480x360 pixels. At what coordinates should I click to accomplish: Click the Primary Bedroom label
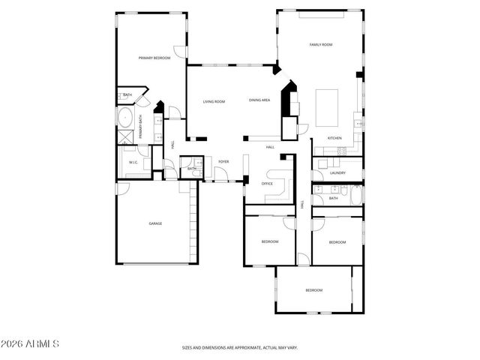(x=154, y=58)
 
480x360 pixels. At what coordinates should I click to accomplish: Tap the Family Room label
(x=321, y=45)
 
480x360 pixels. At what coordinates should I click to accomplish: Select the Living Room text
(x=214, y=101)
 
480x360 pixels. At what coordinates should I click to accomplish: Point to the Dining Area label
(x=259, y=100)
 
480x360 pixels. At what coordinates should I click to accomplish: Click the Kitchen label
(x=334, y=138)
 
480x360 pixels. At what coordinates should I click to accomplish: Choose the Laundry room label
(x=337, y=172)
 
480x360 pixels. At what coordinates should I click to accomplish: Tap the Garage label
(x=155, y=223)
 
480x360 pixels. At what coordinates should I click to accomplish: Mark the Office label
(x=267, y=183)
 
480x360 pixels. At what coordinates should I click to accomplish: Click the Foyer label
(x=223, y=161)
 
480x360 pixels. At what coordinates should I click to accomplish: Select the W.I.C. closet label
(x=133, y=162)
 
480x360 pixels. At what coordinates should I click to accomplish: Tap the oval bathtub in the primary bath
(x=124, y=117)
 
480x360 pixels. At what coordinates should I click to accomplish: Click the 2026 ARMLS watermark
(x=30, y=343)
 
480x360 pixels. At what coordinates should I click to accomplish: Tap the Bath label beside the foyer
(x=192, y=169)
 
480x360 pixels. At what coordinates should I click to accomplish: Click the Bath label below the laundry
(x=333, y=198)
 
